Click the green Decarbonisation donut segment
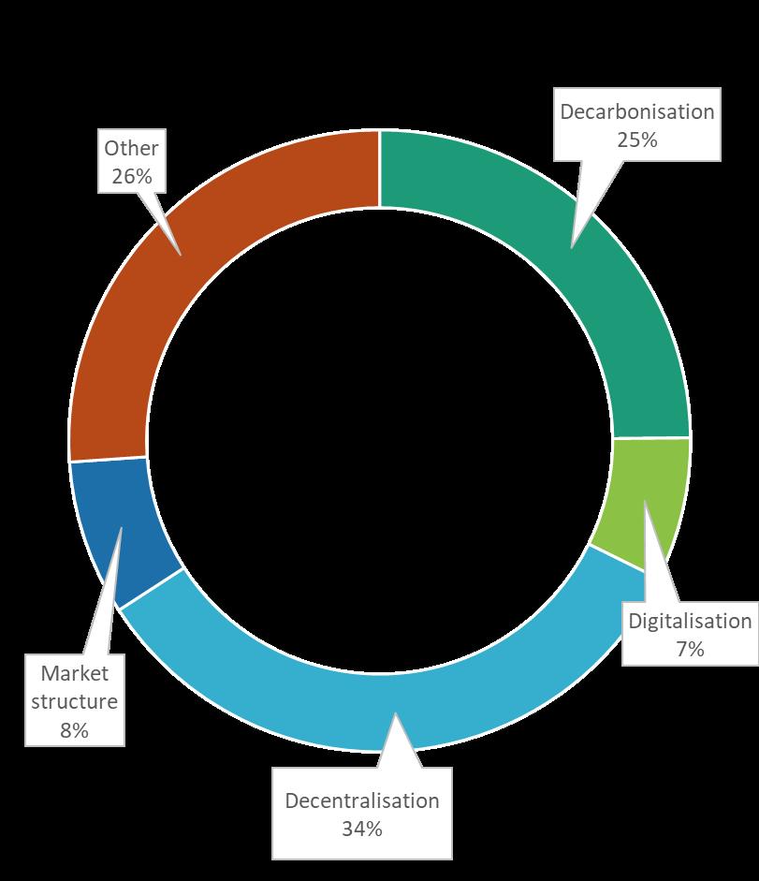tap(612, 270)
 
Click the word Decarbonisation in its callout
tap(637, 111)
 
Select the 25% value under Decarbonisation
tap(637, 139)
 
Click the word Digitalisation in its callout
tap(690, 621)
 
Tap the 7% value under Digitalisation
tap(690, 650)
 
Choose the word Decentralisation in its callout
tap(362, 800)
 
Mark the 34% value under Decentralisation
tap(362, 829)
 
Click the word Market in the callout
tap(75, 673)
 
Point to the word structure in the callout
tap(74, 701)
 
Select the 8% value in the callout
tap(74, 730)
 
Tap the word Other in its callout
tap(131, 148)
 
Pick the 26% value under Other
tap(131, 176)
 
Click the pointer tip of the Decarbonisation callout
tap(572, 248)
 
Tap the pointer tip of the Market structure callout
tap(122, 528)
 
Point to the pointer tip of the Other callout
tap(181, 256)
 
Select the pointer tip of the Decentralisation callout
tap(396, 713)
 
